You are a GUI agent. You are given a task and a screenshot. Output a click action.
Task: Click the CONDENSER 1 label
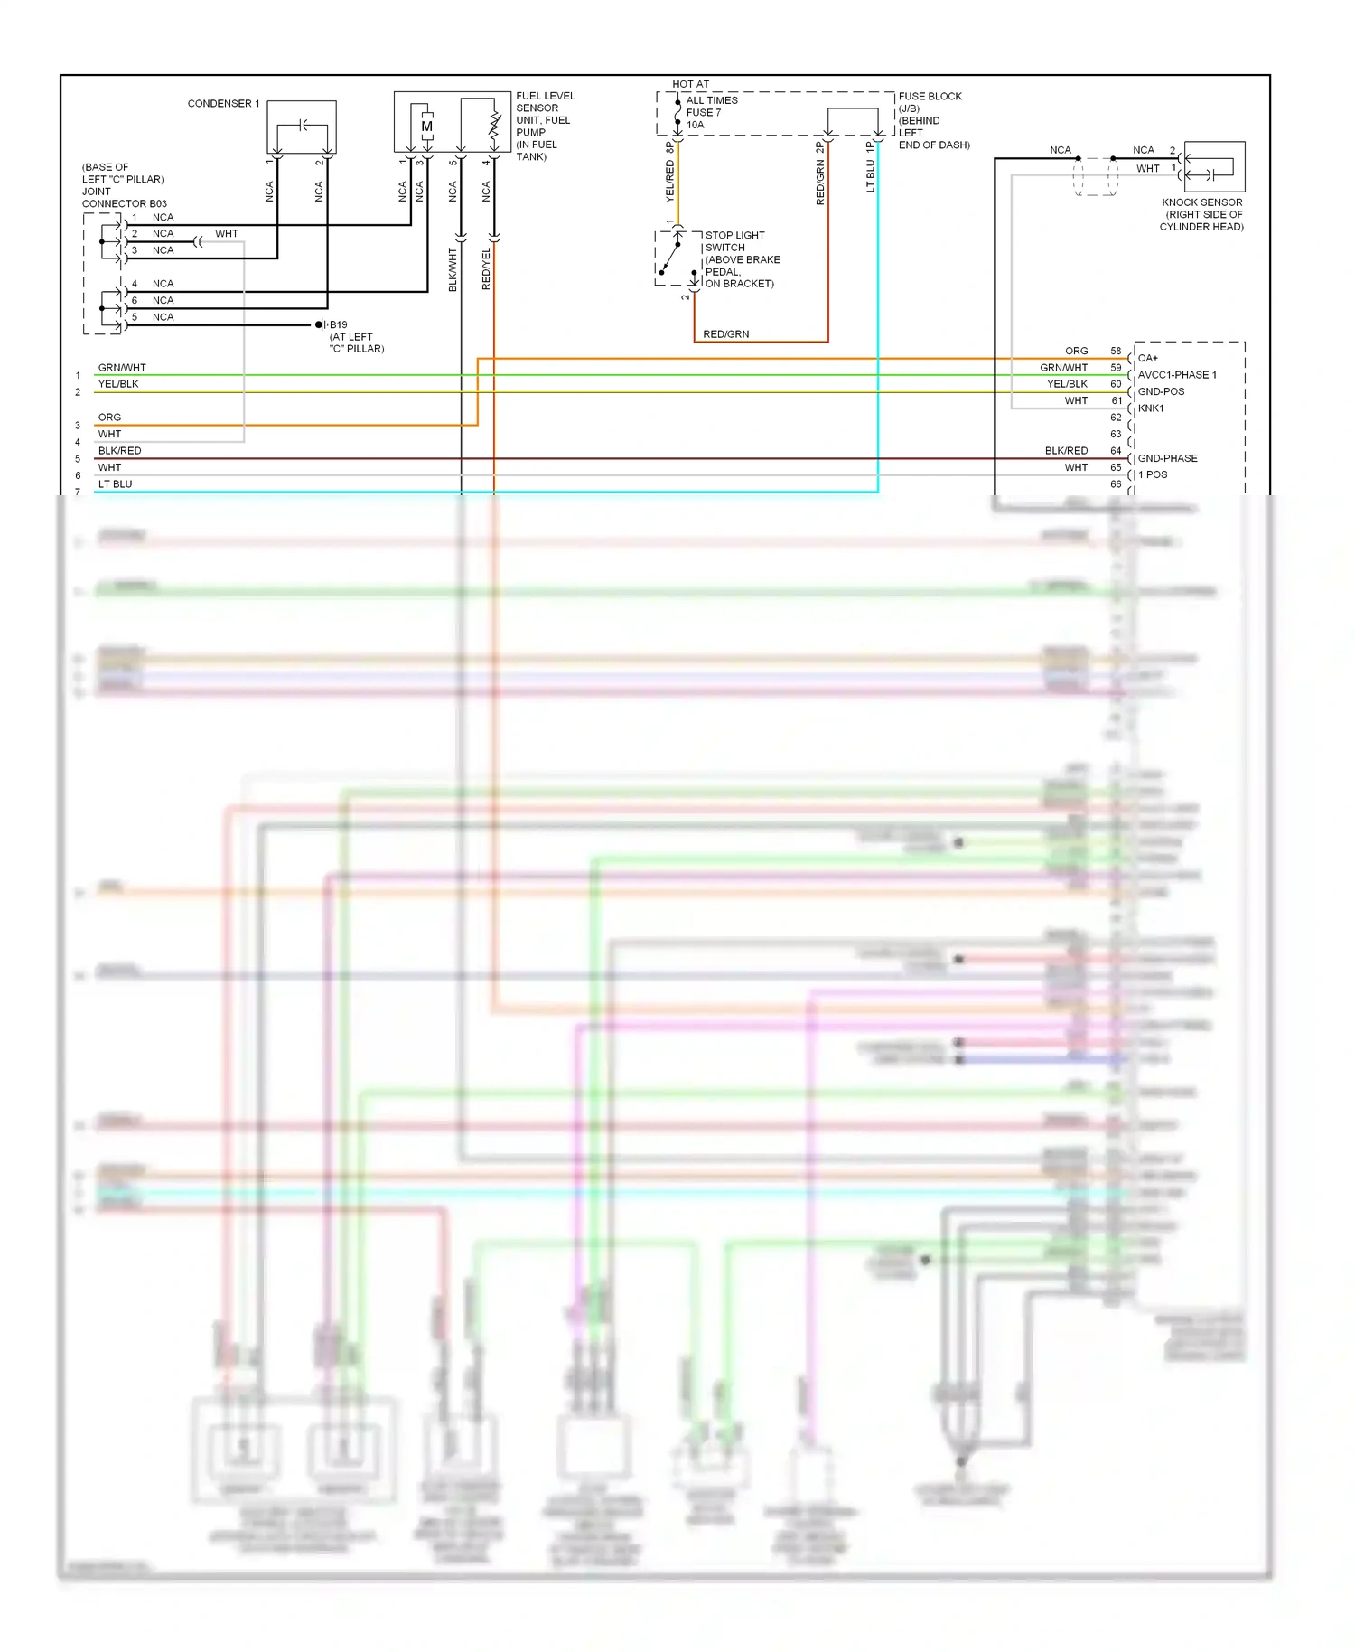[223, 104]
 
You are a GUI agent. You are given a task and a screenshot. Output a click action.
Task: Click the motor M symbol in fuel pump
[427, 127]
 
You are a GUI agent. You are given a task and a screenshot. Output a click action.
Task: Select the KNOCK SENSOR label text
[1201, 202]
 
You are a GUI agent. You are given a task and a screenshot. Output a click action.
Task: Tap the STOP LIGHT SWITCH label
[734, 241]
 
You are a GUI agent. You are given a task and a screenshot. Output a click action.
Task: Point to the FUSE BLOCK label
[930, 97]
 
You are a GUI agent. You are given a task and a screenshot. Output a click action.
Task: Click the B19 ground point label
[338, 324]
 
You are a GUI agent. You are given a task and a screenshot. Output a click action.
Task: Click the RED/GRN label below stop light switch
[725, 334]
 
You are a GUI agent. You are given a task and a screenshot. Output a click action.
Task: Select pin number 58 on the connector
[1116, 351]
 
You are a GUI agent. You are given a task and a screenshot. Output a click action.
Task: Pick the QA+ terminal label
[1147, 358]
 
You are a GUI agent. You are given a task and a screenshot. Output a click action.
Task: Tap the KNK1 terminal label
[1151, 408]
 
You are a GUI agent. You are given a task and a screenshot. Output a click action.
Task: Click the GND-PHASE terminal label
[1167, 458]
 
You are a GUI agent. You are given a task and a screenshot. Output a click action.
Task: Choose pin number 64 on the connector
[1116, 450]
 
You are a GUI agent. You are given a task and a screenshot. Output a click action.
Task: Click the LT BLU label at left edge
[115, 484]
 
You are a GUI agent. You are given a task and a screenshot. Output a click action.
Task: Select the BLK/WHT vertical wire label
[453, 269]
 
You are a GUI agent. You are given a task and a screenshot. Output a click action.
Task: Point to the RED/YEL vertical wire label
[486, 268]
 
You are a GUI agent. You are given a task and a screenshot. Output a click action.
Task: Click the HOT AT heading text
[690, 84]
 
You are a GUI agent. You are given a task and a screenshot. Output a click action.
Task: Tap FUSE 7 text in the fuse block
[703, 113]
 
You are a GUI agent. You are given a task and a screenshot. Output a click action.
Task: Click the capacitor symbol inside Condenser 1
[304, 125]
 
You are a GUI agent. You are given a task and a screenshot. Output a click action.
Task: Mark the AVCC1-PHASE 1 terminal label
[1176, 375]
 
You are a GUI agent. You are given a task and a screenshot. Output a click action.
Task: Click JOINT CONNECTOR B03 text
[124, 198]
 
